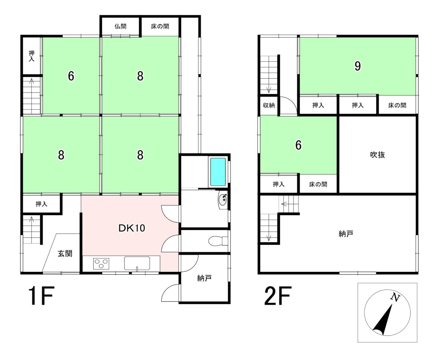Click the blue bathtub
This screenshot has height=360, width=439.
218,171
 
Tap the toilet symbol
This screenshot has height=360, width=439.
218,241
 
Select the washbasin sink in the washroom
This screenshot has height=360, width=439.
222,200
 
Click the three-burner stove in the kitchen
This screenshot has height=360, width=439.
101,264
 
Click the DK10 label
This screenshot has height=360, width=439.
132,228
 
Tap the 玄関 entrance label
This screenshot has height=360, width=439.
65,254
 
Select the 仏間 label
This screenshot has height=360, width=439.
120,26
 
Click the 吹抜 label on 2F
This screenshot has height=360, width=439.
378,155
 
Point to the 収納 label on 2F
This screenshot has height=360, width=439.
269,105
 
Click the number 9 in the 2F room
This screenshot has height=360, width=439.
358,66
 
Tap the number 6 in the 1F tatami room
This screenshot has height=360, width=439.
71,76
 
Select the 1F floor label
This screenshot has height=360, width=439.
41,296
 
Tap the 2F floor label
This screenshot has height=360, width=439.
278,296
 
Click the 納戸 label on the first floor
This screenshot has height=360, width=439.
205,278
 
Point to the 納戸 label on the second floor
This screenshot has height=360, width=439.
346,234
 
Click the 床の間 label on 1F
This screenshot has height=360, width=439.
160,26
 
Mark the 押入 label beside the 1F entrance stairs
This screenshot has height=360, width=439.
41,204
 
